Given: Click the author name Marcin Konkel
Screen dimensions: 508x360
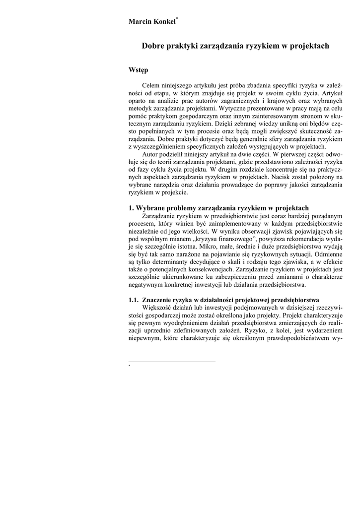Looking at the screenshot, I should [x=152, y=22].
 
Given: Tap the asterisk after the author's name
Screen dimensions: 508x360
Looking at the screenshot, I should [x=177, y=19].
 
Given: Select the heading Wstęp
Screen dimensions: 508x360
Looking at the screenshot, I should [x=138, y=70].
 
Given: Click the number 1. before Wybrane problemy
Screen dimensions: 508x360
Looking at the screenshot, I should [x=132, y=208].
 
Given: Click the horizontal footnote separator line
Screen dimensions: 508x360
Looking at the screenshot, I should [x=172, y=362].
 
